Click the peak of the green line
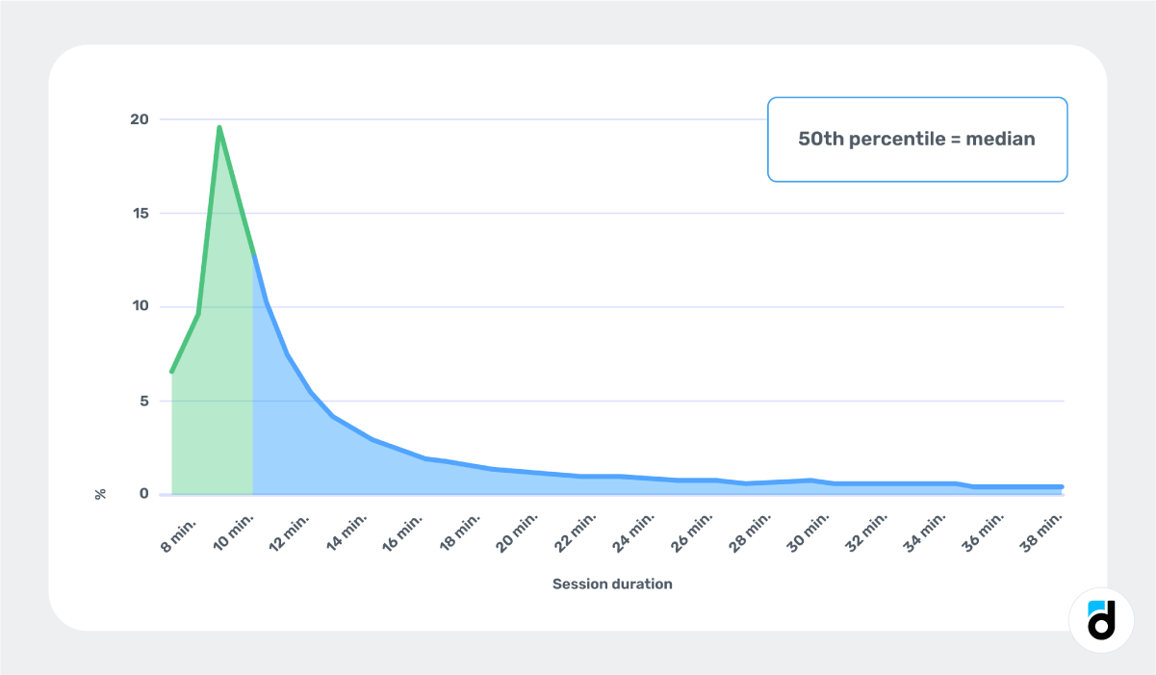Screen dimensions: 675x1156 tap(219, 127)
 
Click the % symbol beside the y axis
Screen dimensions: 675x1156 tap(101, 494)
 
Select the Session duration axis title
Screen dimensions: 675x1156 tap(612, 584)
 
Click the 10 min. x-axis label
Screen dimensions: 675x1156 tap(234, 534)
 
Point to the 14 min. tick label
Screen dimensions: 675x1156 tap(348, 534)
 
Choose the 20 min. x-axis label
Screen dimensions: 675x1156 tap(518, 534)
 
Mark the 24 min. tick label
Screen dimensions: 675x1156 tap(633, 534)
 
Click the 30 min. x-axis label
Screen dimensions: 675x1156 tap(806, 534)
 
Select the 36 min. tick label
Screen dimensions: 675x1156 tap(983, 534)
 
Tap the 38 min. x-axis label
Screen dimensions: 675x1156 tap(1040, 534)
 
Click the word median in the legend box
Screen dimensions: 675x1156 tap(1002, 139)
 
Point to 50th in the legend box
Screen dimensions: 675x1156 tap(821, 139)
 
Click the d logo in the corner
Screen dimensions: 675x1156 tap(1100, 618)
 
